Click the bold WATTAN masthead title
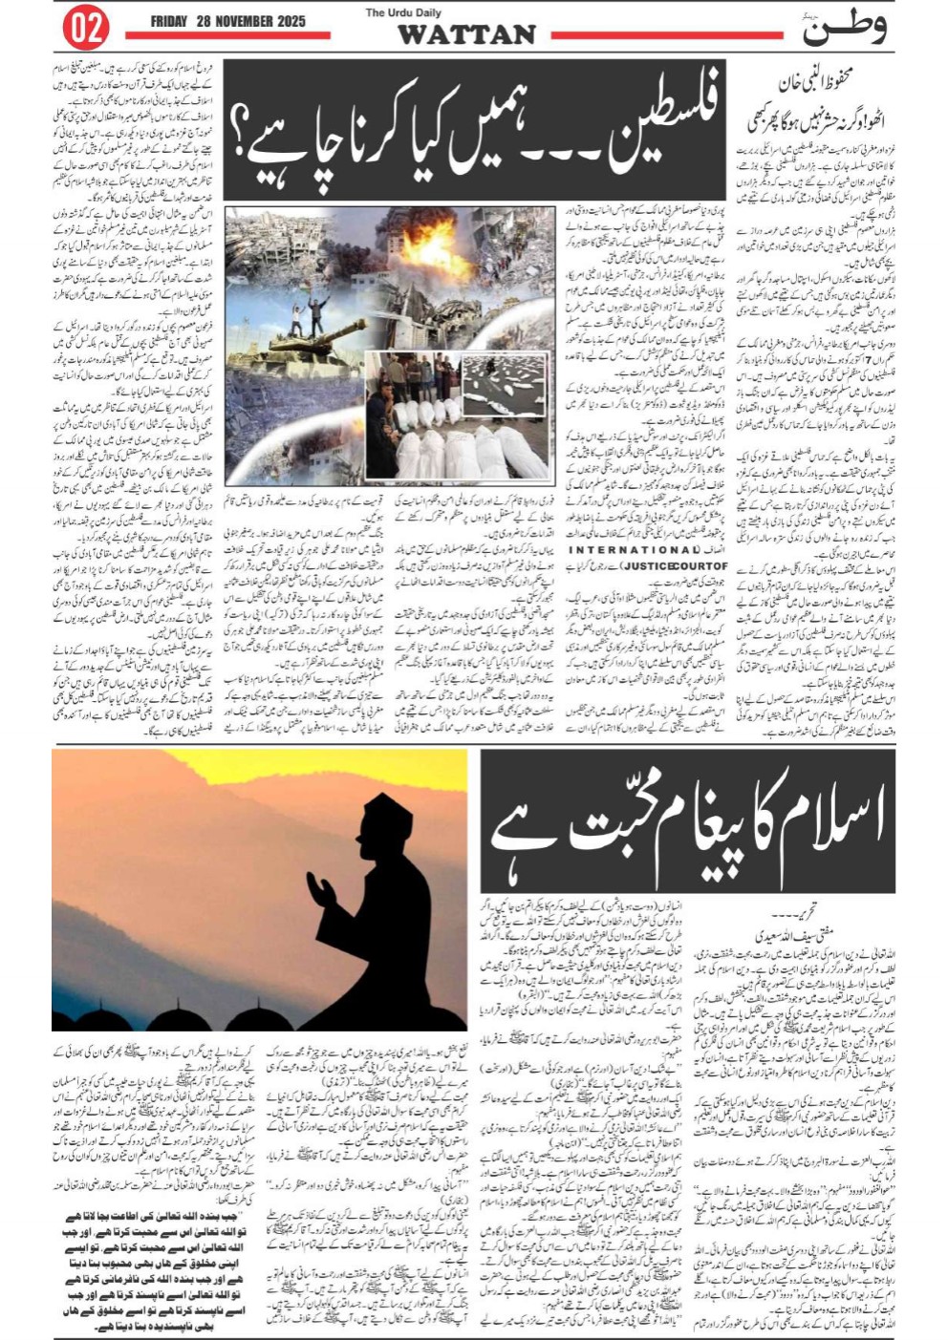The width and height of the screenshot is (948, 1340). [x=465, y=35]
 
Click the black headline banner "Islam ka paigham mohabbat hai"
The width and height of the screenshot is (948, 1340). [x=688, y=826]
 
